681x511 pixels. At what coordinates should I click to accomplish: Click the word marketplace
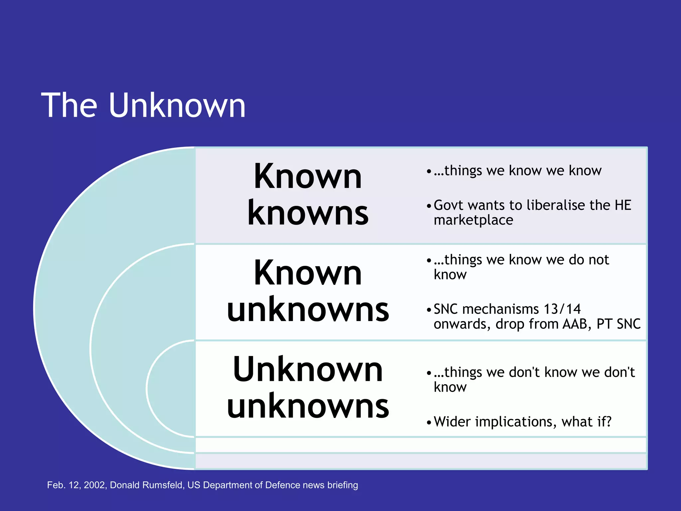tap(473, 220)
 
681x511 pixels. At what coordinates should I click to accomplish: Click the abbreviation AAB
tap(577, 324)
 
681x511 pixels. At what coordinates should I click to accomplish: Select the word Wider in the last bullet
tap(452, 422)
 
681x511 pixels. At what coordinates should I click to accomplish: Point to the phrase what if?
tap(587, 422)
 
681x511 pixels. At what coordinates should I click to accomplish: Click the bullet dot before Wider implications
tap(429, 423)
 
